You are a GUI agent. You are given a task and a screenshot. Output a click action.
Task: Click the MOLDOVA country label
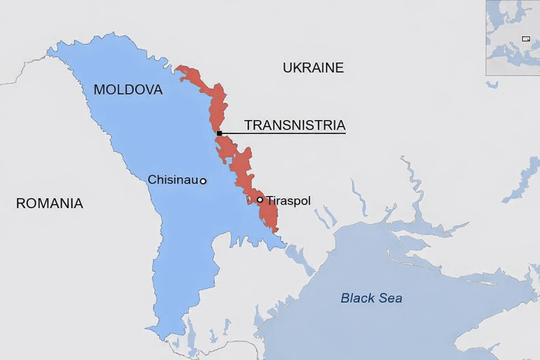[x=128, y=90]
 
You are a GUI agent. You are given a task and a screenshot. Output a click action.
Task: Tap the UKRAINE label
[x=313, y=67]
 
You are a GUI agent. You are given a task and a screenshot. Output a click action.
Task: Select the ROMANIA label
[x=50, y=204]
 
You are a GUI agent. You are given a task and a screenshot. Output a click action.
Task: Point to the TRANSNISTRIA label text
[x=295, y=125]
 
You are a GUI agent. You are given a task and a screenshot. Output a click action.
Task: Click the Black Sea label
[x=371, y=298]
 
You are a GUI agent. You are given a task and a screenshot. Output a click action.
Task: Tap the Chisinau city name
[x=173, y=180]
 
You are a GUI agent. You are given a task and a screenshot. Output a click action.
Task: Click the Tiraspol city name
[x=289, y=201]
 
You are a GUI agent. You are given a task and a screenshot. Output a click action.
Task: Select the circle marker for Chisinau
[x=203, y=181]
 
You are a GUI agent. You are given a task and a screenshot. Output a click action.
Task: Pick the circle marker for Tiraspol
[x=260, y=200]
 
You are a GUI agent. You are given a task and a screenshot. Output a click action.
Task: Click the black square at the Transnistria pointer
[x=219, y=133]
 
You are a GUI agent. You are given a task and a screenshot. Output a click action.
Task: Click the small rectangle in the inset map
[x=526, y=39]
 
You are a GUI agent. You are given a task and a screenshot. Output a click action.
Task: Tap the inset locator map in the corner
[x=513, y=38]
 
